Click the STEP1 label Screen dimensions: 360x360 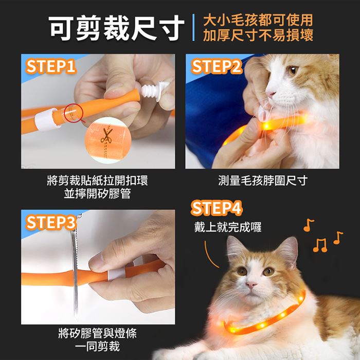click(x=51, y=66)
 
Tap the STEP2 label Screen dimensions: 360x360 click(x=217, y=66)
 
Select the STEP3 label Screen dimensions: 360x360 click(x=51, y=223)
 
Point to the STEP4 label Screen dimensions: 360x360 click(x=217, y=208)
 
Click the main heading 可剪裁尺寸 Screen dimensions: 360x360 click(x=116, y=28)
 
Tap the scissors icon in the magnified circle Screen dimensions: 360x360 click(x=106, y=136)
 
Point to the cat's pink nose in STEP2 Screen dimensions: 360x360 click(x=270, y=94)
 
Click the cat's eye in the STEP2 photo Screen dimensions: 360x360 click(x=293, y=69)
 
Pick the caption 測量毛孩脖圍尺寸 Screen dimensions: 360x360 click(x=263, y=181)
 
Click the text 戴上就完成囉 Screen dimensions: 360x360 click(x=228, y=227)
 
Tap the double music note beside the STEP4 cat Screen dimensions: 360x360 click(x=320, y=245)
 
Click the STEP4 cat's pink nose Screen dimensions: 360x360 click(x=251, y=285)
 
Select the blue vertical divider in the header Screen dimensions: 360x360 click(x=193, y=28)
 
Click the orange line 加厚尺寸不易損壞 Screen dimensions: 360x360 click(x=258, y=35)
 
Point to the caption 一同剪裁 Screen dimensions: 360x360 click(x=97, y=347)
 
